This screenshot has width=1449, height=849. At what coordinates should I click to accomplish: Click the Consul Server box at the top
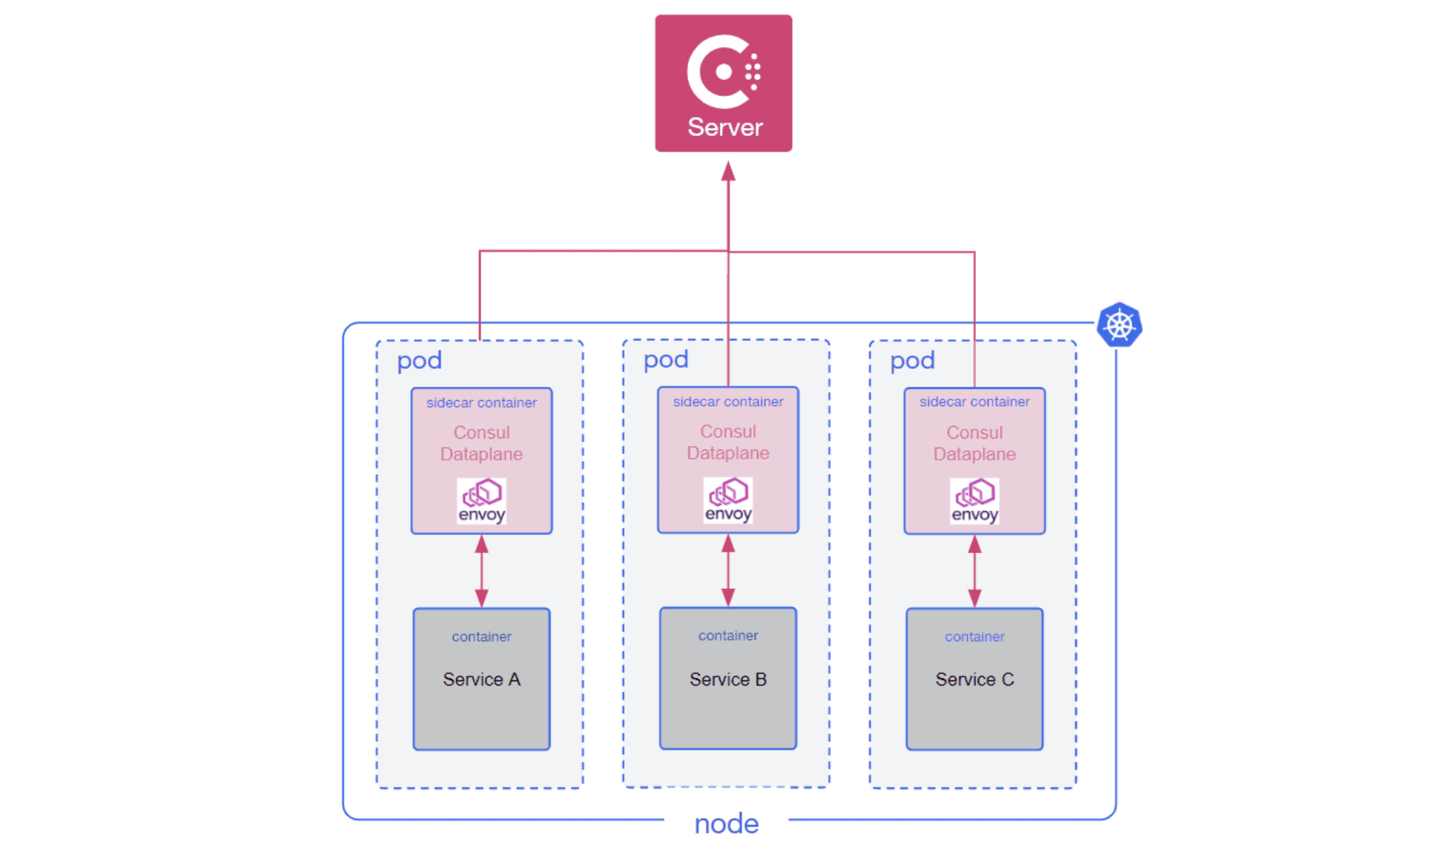pos(723,83)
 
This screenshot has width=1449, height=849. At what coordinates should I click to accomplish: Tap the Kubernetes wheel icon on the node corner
pos(1119,325)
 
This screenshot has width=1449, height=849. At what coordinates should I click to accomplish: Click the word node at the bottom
pos(726,823)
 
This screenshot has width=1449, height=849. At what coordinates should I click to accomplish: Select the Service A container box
pos(481,679)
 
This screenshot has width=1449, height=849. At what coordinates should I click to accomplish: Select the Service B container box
pos(727,678)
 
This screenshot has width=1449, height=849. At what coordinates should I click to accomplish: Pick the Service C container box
pos(974,679)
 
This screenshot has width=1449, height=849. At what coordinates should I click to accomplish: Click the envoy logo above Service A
pos(481,501)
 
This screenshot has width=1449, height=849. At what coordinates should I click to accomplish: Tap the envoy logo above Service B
pos(727,500)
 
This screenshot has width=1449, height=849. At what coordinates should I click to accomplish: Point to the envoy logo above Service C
pos(974,501)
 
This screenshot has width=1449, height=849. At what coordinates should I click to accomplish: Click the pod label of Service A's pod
pos(419,361)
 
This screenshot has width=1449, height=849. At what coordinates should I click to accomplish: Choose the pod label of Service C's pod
pos(912,361)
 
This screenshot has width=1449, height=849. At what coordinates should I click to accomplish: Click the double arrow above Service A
pos(481,571)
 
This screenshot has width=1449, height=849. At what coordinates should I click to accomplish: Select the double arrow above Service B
pos(727,570)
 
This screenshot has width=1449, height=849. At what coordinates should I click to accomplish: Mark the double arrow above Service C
pos(974,571)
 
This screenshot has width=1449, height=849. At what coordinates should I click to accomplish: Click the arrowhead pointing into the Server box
pos(728,172)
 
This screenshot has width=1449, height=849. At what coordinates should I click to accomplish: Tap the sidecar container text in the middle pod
pos(727,402)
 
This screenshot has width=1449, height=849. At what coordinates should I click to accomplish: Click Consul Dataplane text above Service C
pos(974,443)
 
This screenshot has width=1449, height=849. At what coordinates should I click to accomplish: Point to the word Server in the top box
pos(724,127)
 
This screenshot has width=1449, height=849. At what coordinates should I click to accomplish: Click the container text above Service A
pos(481,637)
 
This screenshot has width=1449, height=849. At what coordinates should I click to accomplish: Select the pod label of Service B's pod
pos(665,360)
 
